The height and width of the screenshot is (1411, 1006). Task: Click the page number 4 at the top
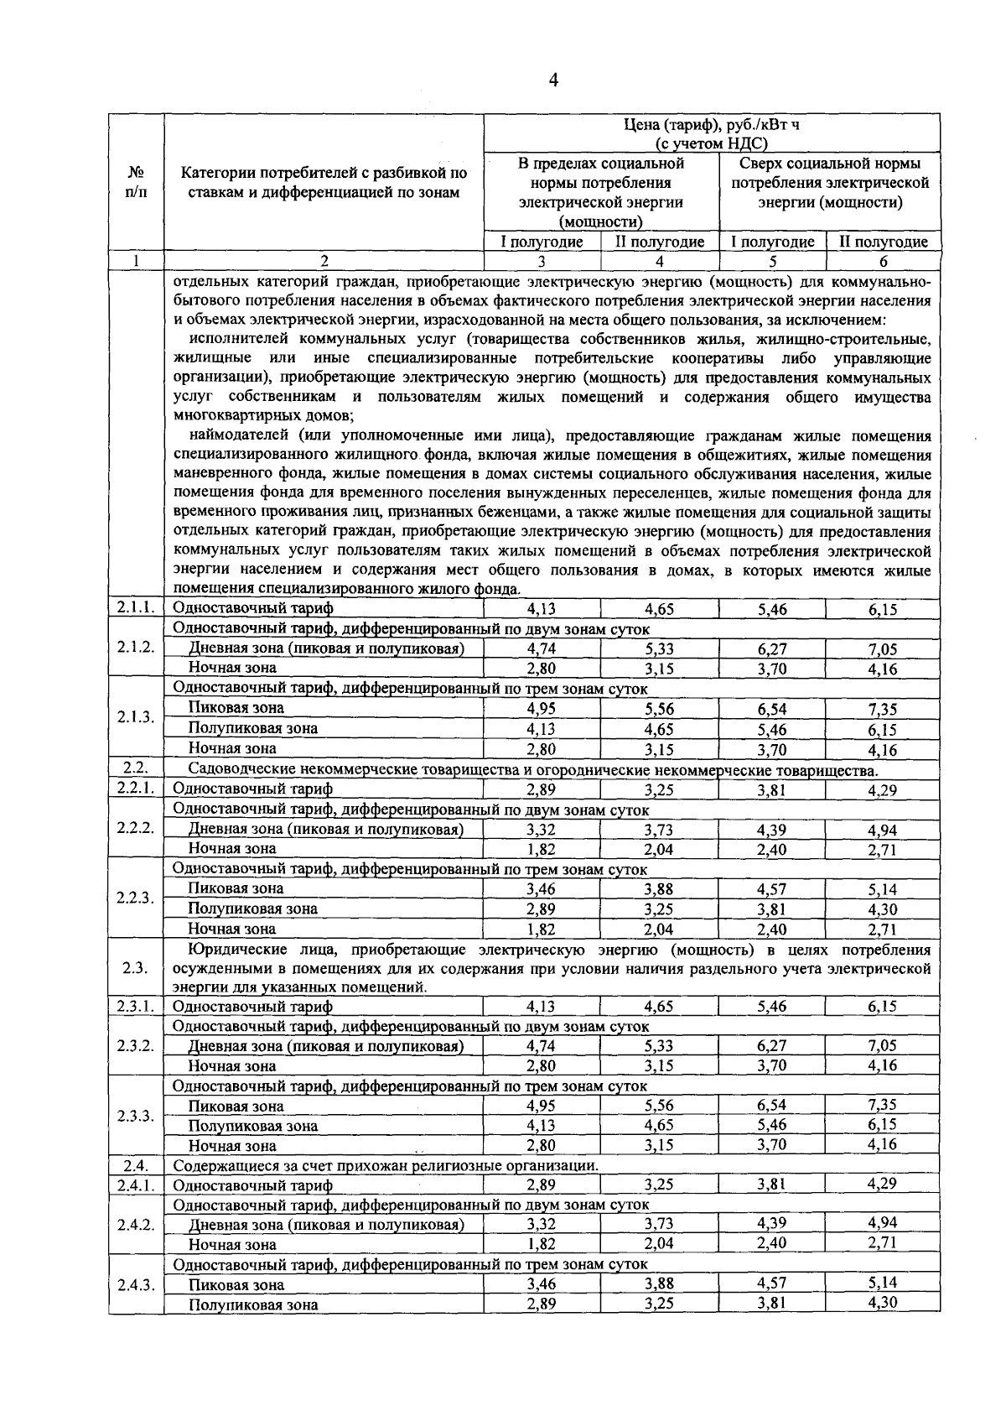(552, 81)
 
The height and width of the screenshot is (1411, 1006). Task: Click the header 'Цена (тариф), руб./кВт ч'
(713, 125)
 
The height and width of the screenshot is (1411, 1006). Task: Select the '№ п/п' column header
(136, 182)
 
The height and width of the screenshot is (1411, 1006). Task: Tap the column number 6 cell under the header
(883, 262)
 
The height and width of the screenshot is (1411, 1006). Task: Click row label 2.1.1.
(136, 608)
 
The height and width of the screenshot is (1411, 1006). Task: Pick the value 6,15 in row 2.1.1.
(883, 610)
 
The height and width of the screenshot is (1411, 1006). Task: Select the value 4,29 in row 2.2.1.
(883, 789)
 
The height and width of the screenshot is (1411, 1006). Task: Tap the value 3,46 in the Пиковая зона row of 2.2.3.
(542, 889)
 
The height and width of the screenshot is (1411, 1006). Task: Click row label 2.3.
(136, 968)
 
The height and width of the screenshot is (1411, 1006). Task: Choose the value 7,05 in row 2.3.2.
(883, 1046)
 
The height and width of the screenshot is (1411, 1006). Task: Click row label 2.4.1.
(136, 1185)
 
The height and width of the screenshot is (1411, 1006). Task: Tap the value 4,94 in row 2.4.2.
(883, 1224)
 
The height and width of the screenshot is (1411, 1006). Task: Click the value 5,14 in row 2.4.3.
(883, 1283)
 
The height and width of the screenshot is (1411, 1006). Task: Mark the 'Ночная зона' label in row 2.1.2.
(232, 669)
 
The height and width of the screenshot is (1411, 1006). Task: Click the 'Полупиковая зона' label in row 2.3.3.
(253, 1127)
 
